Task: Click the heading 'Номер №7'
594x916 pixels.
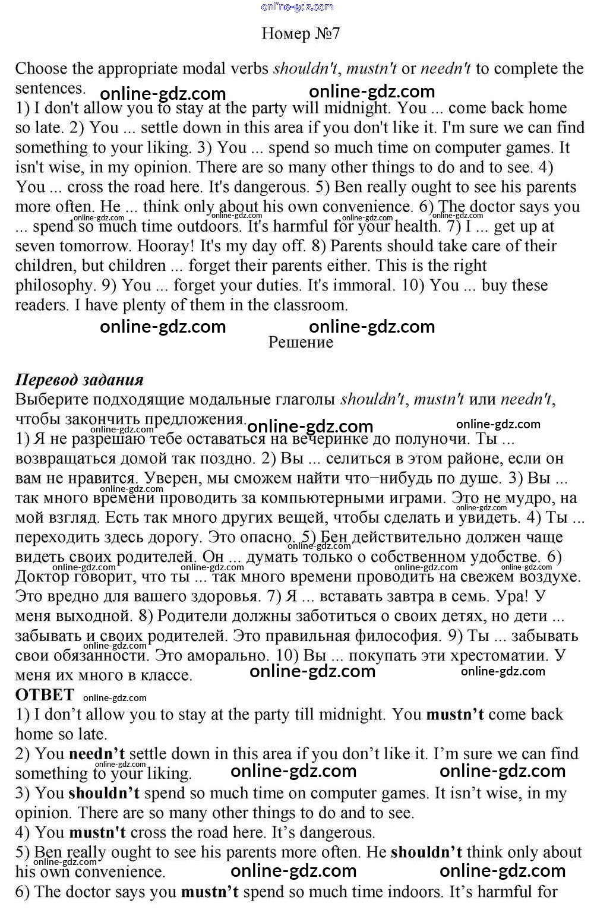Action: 301,33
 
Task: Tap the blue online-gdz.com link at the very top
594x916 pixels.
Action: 297,7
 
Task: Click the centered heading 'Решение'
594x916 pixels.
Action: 301,342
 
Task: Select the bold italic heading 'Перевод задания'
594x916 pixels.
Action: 80,380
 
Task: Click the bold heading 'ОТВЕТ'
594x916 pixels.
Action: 45,694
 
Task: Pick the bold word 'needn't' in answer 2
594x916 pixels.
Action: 97,754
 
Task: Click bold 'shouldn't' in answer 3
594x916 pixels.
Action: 104,793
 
